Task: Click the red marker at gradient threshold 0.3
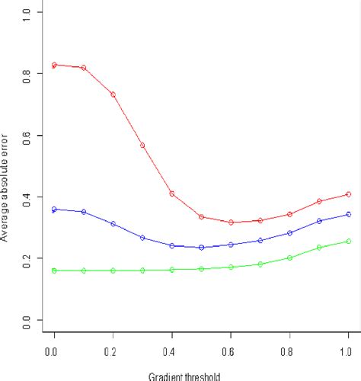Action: pos(142,145)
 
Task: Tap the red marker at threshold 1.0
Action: pos(348,194)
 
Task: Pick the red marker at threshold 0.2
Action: pos(113,94)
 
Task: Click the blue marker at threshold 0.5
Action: pos(201,247)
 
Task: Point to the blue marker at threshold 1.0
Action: pos(348,214)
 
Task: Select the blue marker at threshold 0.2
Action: pos(113,224)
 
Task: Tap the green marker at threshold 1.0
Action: pos(348,241)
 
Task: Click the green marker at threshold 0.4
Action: pos(171,270)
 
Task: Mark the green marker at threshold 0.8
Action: pos(289,258)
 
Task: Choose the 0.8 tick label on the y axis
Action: pos(29,74)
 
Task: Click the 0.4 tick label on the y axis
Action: pos(29,197)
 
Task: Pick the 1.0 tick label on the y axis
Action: pos(29,13)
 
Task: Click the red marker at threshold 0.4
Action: pos(171,194)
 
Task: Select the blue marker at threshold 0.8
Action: pos(289,233)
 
